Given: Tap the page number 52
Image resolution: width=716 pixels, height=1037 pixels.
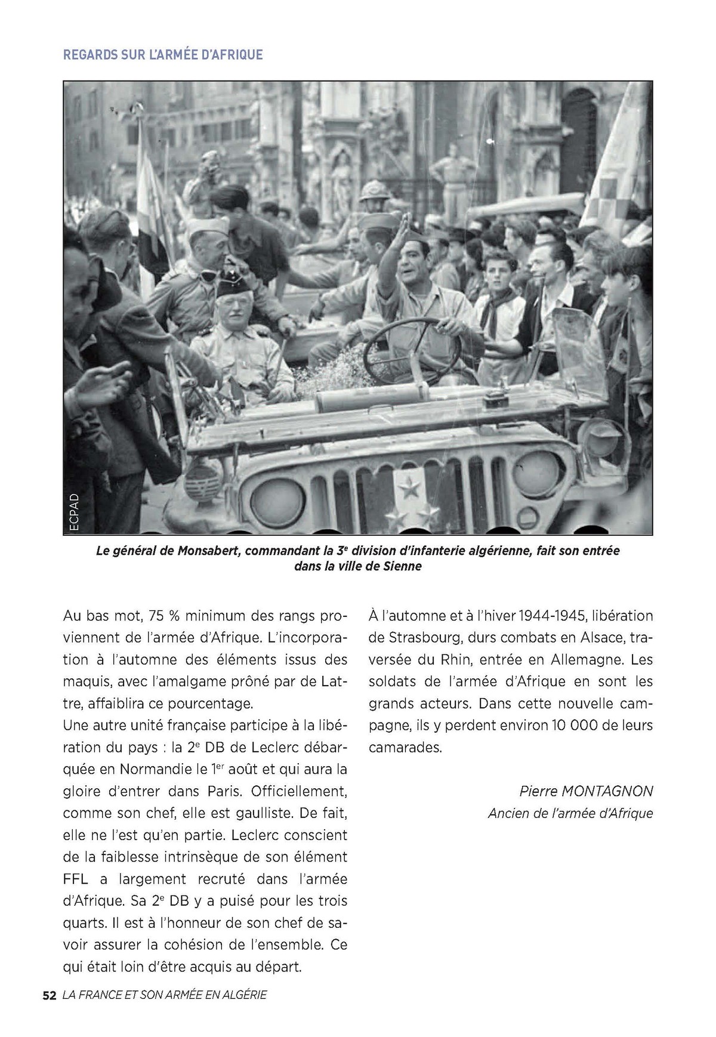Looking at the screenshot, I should [x=49, y=995].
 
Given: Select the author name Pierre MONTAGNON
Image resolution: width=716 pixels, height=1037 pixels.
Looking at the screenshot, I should [x=586, y=791].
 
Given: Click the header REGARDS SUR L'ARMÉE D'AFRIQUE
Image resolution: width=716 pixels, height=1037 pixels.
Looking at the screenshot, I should [x=163, y=54].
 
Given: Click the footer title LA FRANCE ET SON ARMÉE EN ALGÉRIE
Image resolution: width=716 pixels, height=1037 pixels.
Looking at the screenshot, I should [x=164, y=995].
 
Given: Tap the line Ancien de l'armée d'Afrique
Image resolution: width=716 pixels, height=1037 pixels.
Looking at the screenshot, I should [x=570, y=813].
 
